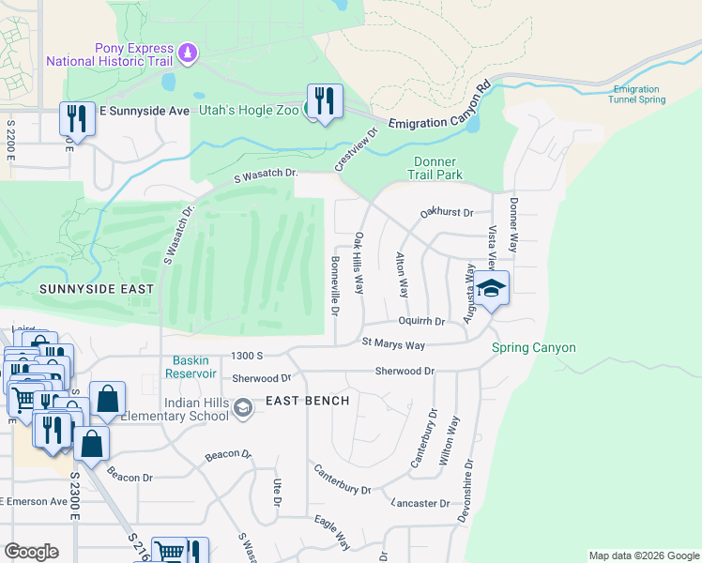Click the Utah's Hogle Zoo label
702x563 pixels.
[x=249, y=110]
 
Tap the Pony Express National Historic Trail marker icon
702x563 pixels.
[x=188, y=53]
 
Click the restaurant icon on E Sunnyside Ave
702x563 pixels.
[x=77, y=118]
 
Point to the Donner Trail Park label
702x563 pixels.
[x=436, y=168]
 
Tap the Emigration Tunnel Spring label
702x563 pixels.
[x=638, y=94]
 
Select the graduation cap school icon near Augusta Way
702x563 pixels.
[x=490, y=288]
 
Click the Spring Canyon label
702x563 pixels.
[x=534, y=348]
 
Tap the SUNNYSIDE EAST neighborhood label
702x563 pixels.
[x=96, y=290]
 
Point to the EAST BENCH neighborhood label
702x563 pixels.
[x=307, y=401]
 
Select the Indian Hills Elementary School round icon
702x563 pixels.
[x=243, y=406]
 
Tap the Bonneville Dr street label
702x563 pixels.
[x=334, y=285]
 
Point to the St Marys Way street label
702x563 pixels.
[x=393, y=344]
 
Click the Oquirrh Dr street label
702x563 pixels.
[x=421, y=321]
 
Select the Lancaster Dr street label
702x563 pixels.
[x=420, y=504]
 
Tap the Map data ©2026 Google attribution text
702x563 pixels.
[x=643, y=555]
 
